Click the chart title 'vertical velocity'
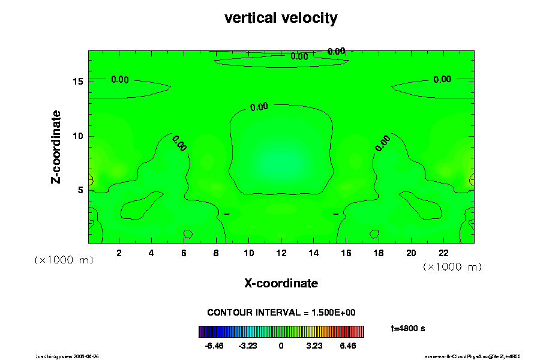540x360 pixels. [x=281, y=18]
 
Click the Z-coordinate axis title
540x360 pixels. [x=56, y=146]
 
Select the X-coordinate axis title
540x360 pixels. [x=281, y=283]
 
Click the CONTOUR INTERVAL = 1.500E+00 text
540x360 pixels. [x=281, y=313]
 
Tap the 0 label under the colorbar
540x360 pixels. [x=281, y=346]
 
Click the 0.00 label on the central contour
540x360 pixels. [x=259, y=107]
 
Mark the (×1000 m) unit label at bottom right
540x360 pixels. [x=452, y=266]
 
